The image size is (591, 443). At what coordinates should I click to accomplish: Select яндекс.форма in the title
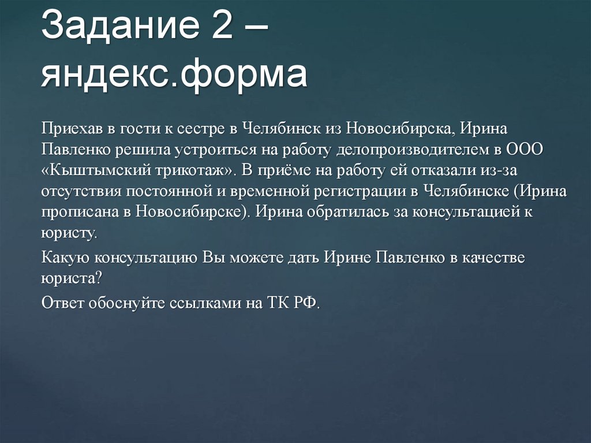click(173, 75)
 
